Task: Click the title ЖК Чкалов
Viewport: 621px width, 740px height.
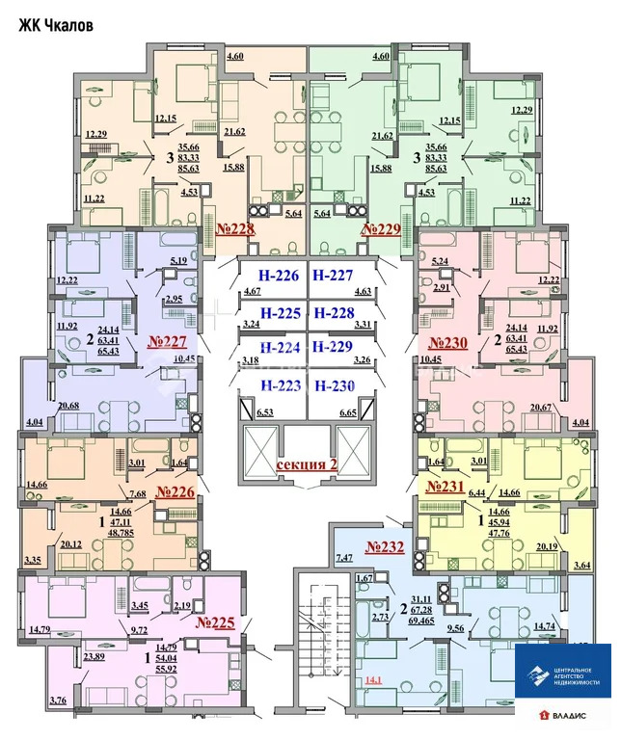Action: coord(56,26)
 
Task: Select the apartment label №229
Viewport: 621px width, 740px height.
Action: coord(381,229)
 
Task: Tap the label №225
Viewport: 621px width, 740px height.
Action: coord(215,622)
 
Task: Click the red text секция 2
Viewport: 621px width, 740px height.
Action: coord(307,464)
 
